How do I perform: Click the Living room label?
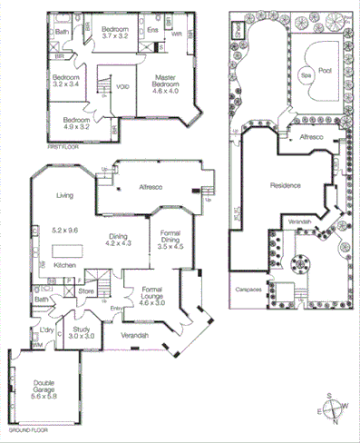pyautogui.click(x=64, y=195)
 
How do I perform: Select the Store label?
pyautogui.click(x=85, y=292)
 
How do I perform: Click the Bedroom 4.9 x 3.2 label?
pyautogui.click(x=74, y=123)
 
